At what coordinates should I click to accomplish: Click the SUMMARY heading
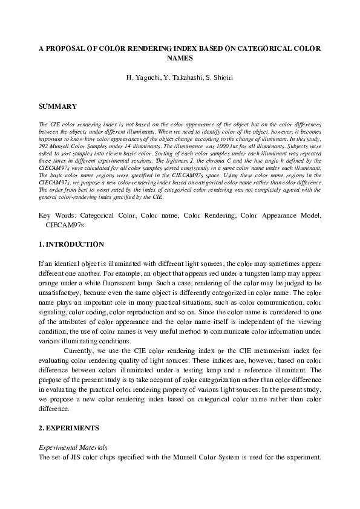(57, 106)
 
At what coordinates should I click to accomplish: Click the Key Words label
(56, 215)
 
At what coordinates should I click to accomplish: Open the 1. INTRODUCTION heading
(71, 244)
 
